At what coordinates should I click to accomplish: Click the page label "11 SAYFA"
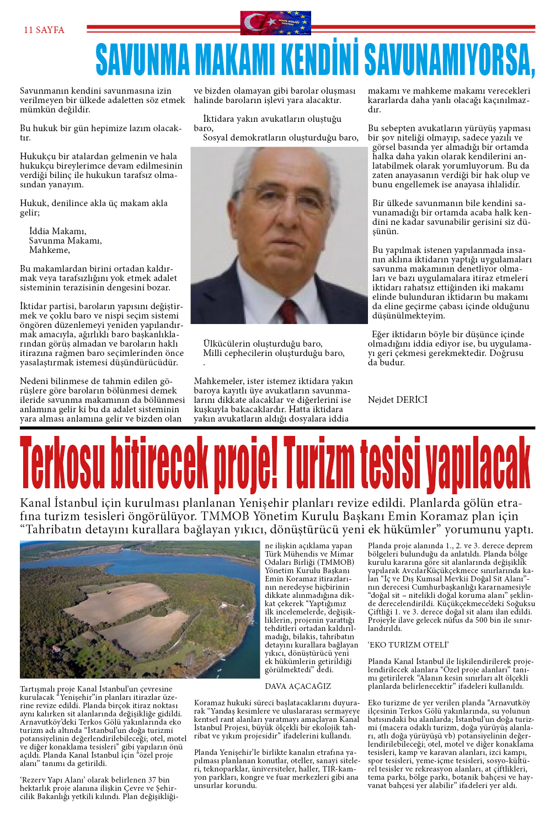[x=44, y=30]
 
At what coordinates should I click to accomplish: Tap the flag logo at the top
[x=275, y=23]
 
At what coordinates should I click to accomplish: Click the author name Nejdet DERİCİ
[x=397, y=400]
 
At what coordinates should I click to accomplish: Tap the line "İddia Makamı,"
[x=57, y=231]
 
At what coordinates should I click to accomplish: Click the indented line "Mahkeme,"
[x=50, y=250]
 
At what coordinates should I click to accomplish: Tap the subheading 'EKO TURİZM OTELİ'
[x=408, y=645]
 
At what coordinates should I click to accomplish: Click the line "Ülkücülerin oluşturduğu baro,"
[x=263, y=343]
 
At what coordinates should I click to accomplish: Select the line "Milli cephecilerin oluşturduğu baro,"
[x=274, y=353]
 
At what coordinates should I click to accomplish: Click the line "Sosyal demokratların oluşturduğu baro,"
[x=281, y=137]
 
